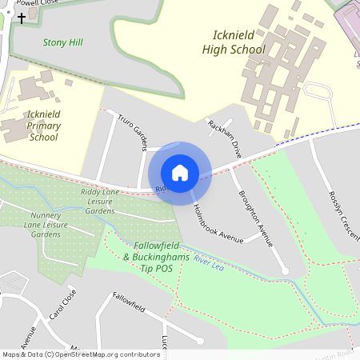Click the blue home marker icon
click(180, 172)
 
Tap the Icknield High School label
click(238, 42)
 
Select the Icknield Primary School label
click(43, 126)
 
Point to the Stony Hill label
click(63, 42)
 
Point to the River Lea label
click(207, 263)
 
